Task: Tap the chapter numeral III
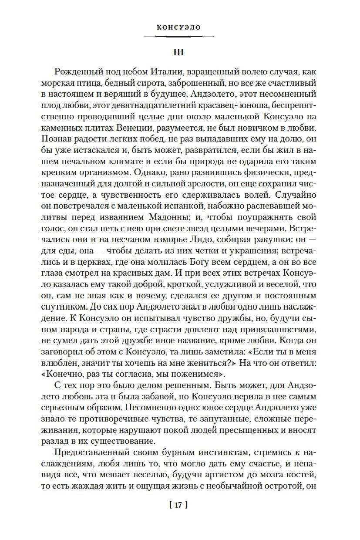click(179, 52)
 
